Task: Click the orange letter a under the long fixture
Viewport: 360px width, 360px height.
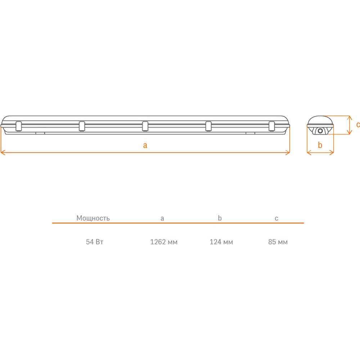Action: pos(145,145)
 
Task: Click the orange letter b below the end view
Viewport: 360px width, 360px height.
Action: pos(320,145)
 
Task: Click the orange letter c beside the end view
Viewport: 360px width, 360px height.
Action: pos(358,125)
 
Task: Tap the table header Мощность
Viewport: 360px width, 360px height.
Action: pos(93,218)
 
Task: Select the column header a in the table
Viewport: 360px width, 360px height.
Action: pos(162,219)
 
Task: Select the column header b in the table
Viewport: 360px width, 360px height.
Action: pos(220,218)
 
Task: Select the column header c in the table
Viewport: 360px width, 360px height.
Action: pos(276,219)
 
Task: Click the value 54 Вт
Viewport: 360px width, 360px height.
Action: pos(95,242)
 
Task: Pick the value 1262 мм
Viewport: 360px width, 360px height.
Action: pos(164,242)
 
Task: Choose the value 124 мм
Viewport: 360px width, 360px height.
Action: pos(221,242)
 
